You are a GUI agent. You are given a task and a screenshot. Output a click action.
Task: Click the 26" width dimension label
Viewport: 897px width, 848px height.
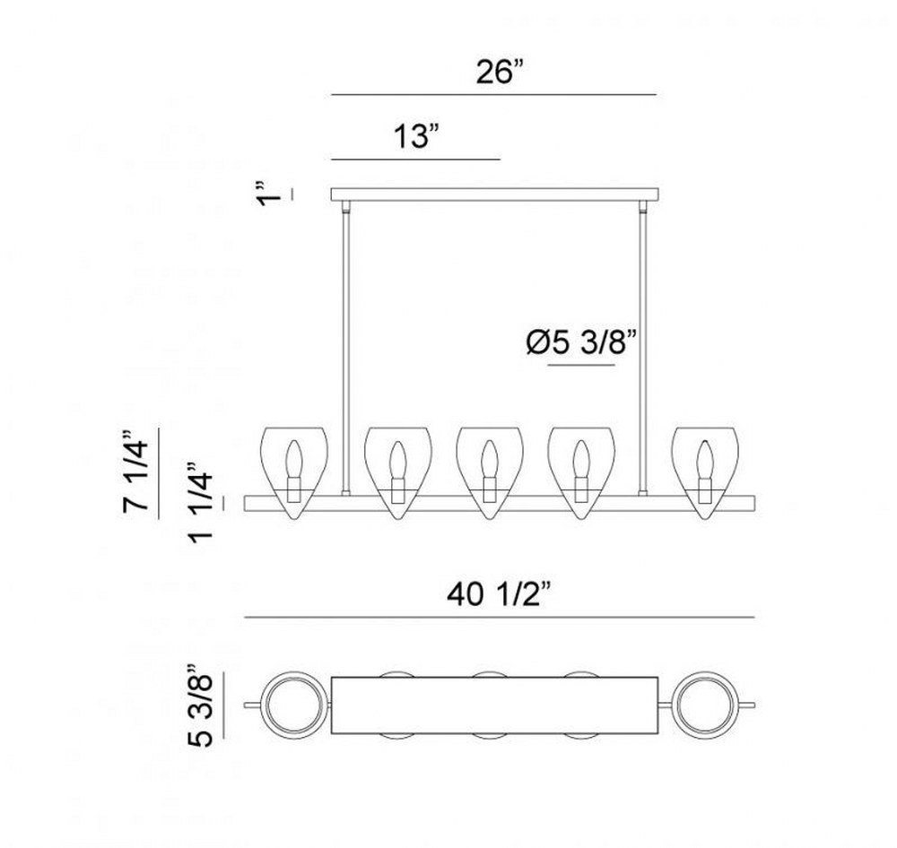[500, 72]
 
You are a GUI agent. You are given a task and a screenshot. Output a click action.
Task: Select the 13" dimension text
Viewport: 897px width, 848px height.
[416, 137]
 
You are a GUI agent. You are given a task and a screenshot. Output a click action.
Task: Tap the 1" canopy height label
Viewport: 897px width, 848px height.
[269, 194]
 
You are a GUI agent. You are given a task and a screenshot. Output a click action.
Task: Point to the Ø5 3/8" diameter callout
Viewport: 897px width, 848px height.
[581, 343]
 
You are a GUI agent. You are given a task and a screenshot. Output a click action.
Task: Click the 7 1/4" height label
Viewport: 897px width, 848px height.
[136, 472]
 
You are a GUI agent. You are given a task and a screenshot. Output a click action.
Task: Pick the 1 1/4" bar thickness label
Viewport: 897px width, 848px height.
[201, 501]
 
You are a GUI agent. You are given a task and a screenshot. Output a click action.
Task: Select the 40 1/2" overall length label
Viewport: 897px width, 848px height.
[499, 595]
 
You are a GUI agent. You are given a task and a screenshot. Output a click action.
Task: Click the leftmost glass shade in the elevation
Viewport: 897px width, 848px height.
[294, 473]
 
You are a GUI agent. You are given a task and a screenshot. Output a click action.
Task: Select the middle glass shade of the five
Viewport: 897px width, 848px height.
[489, 473]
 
